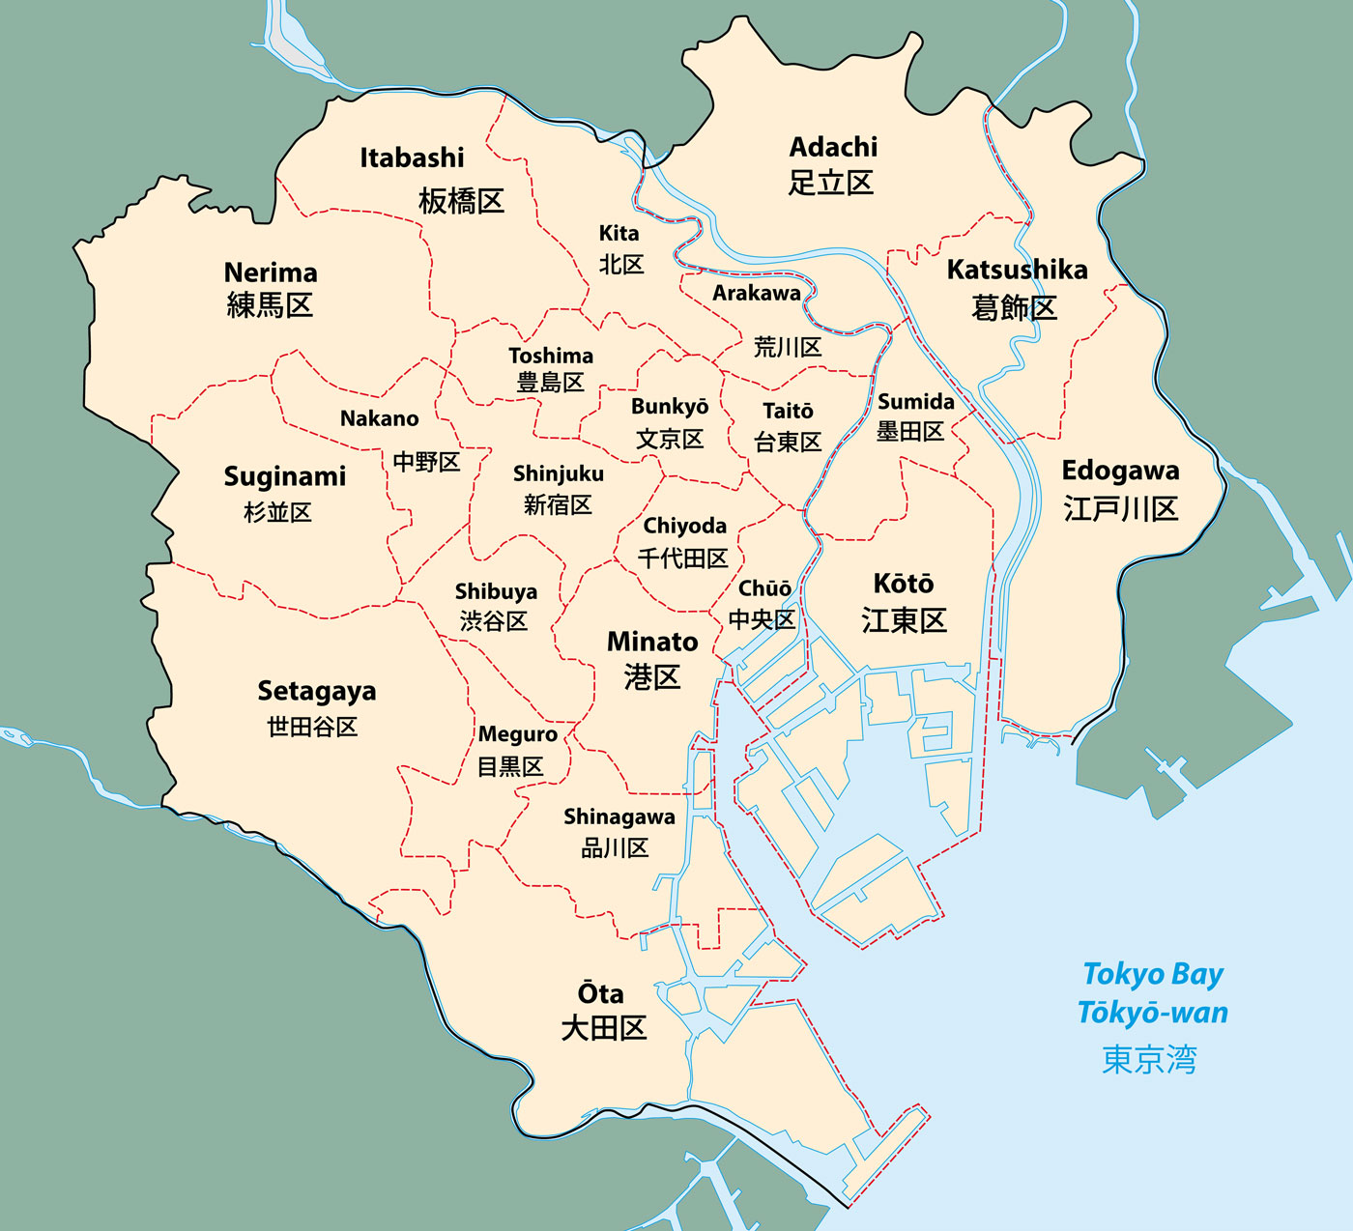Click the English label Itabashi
click(412, 157)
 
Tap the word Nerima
click(271, 272)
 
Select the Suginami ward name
click(284, 476)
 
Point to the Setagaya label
click(316, 692)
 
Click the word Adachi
click(833, 147)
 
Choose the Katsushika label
click(1017, 270)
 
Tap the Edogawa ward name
click(1120, 471)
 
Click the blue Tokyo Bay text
click(1153, 974)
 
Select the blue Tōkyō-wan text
click(1153, 1013)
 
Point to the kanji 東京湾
click(1149, 1060)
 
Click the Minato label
click(652, 642)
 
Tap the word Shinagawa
click(619, 816)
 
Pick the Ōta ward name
click(600, 993)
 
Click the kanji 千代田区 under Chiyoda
click(682, 558)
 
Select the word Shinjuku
click(558, 473)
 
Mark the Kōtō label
click(904, 584)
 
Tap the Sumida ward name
click(915, 402)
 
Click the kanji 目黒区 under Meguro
click(510, 767)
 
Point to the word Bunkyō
click(670, 407)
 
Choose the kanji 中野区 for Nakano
click(426, 462)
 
